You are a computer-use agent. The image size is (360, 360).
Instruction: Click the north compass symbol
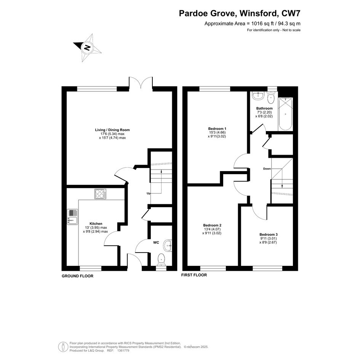click(x=87, y=48)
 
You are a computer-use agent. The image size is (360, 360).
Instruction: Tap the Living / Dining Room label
click(x=112, y=130)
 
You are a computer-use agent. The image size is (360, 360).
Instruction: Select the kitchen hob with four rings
click(x=101, y=194)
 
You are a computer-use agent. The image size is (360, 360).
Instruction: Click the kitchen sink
click(x=72, y=217)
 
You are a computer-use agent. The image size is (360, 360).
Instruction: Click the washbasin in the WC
click(x=168, y=246)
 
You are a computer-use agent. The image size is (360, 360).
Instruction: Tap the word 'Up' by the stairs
click(x=149, y=194)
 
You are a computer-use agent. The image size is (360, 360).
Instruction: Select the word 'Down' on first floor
click(x=267, y=169)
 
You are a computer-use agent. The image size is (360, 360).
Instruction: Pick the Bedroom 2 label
click(x=212, y=225)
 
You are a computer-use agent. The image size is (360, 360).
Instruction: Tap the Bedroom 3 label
click(x=269, y=235)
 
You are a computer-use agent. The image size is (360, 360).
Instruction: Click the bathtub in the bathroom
click(x=285, y=114)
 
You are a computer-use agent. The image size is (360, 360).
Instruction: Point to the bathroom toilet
click(x=271, y=98)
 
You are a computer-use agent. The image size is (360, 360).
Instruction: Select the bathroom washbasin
click(x=258, y=96)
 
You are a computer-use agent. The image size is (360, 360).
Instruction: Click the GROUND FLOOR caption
click(x=78, y=276)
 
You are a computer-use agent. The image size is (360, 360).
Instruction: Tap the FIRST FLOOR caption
click(x=194, y=275)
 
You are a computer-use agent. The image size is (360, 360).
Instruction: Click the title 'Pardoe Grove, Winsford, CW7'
click(x=240, y=13)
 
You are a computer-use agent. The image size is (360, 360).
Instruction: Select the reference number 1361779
click(x=124, y=350)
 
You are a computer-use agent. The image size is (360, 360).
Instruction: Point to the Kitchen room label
click(x=96, y=224)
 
